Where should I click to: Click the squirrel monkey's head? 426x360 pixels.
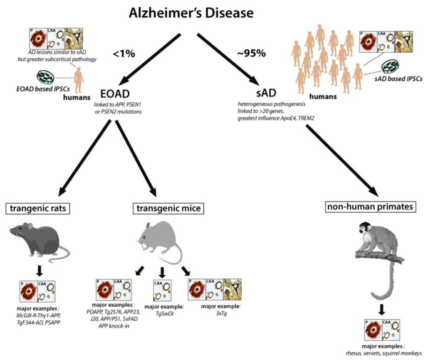pos(367,229)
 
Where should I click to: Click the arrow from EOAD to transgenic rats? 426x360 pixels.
pos(85,158)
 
